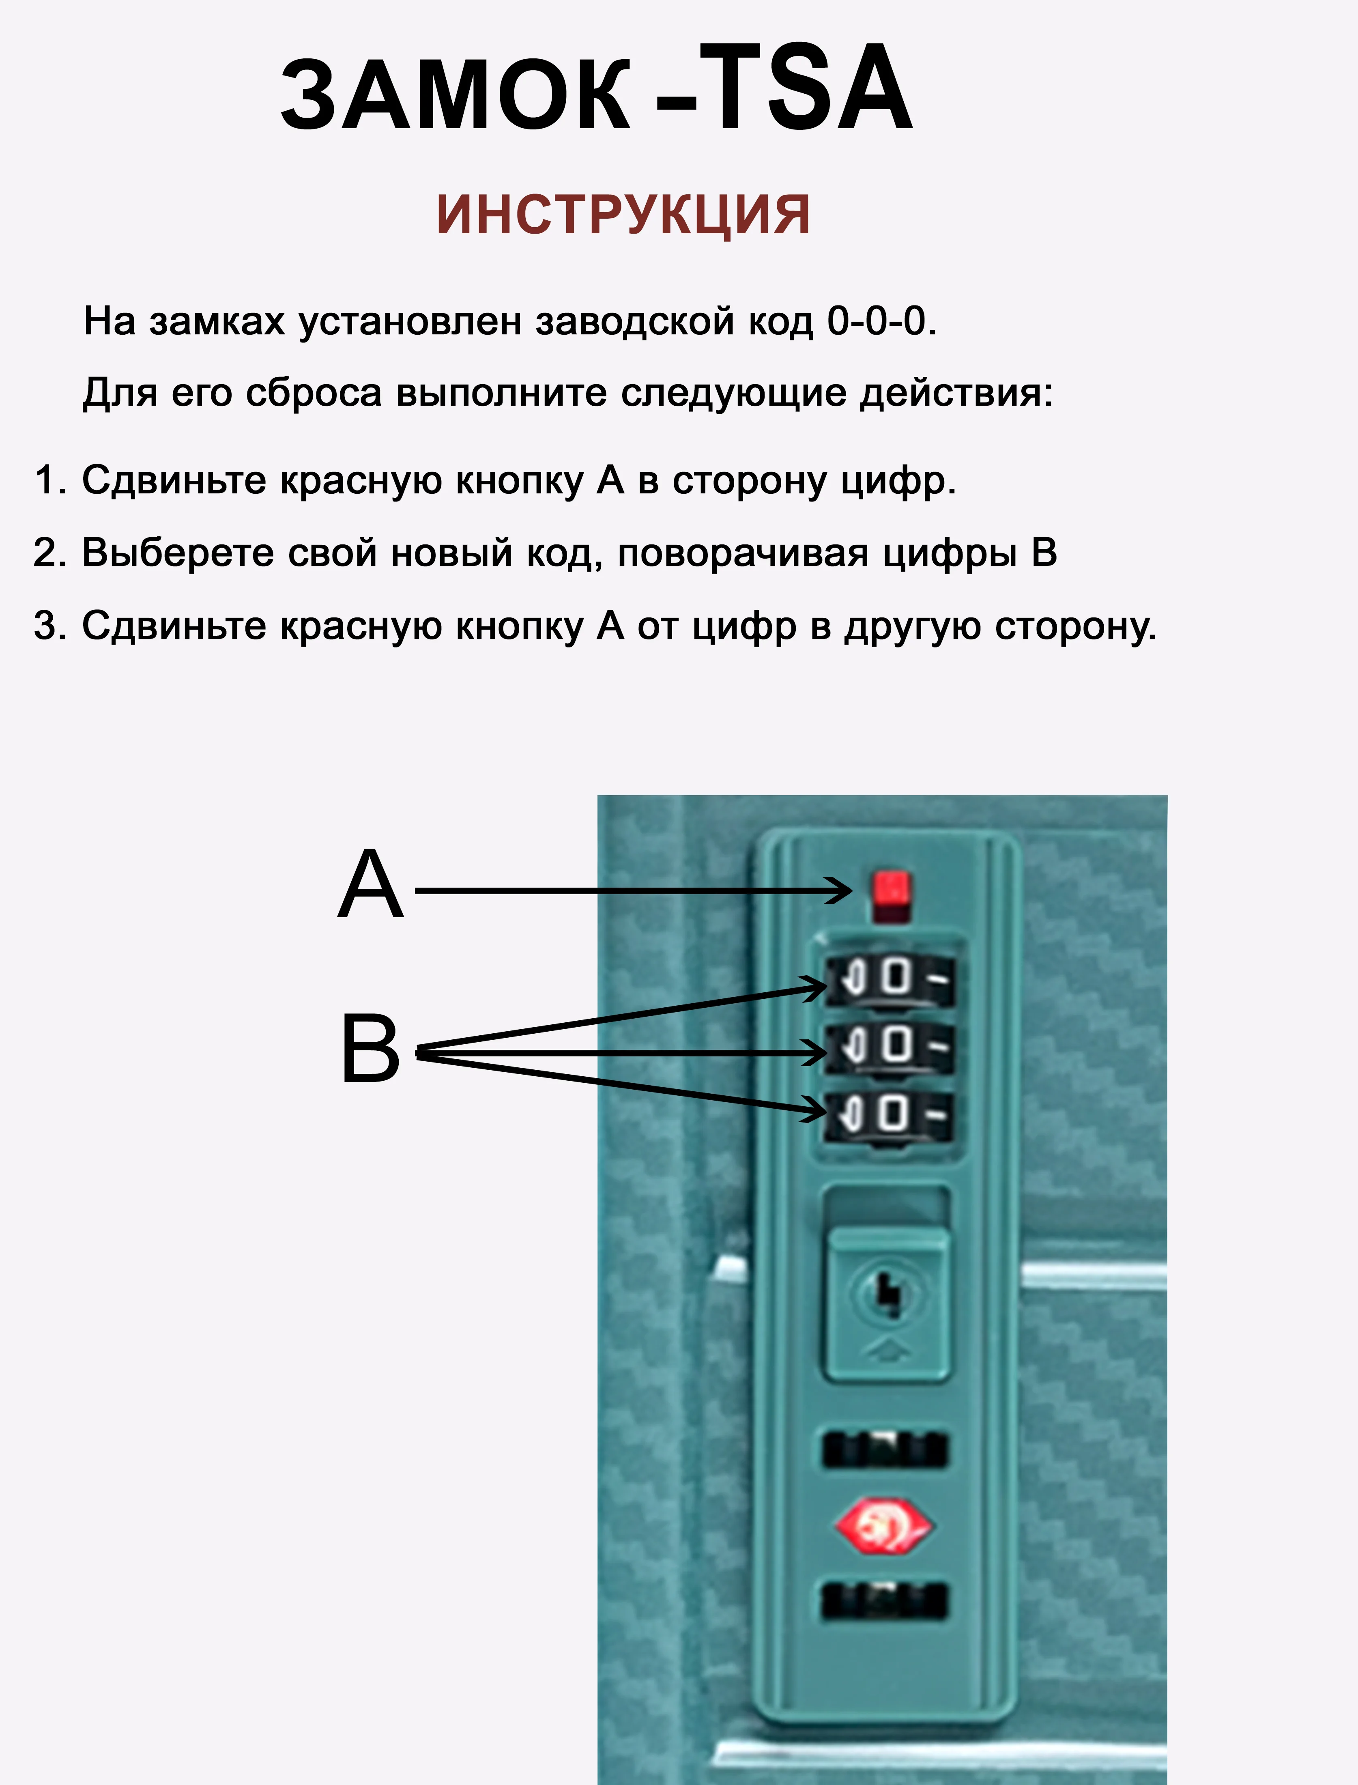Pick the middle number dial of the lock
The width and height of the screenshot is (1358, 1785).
(x=889, y=1047)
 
